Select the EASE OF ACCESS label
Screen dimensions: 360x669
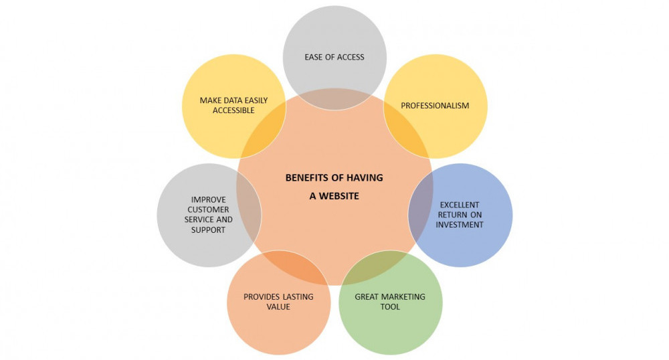[334, 57]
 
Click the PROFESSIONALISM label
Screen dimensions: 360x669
[435, 105]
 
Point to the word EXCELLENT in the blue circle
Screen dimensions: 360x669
[460, 205]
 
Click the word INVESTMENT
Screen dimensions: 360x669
[460, 225]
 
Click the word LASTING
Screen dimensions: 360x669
[296, 296]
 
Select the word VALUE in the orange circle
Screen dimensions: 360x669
[279, 306]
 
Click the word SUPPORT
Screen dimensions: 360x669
[207, 230]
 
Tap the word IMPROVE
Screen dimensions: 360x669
[209, 199]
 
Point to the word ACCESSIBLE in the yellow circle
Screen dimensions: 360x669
[233, 110]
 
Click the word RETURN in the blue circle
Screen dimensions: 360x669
[452, 215]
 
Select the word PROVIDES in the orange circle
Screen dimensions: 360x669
[261, 296]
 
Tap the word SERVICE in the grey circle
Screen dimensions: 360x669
[198, 219]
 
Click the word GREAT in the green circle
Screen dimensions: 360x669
[367, 296]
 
